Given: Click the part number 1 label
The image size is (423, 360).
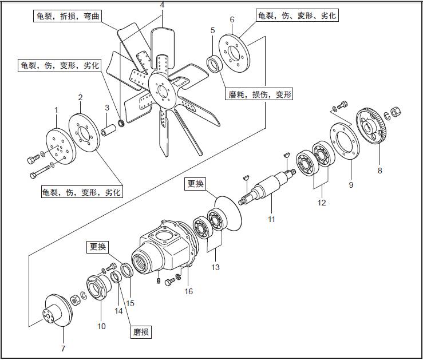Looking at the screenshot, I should coord(56,109).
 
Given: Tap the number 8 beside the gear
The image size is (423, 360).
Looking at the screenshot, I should coord(379,170).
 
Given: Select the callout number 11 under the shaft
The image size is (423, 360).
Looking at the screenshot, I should coord(272,219).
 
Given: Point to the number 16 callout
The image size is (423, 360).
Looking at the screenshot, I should coord(188,291).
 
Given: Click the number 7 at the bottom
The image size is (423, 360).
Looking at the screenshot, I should coord(63,349).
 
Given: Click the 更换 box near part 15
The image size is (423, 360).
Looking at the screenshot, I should coord(97,247).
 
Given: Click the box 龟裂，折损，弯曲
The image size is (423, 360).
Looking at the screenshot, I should coord(67,16).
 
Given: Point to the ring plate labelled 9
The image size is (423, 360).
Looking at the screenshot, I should coord(343,143).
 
